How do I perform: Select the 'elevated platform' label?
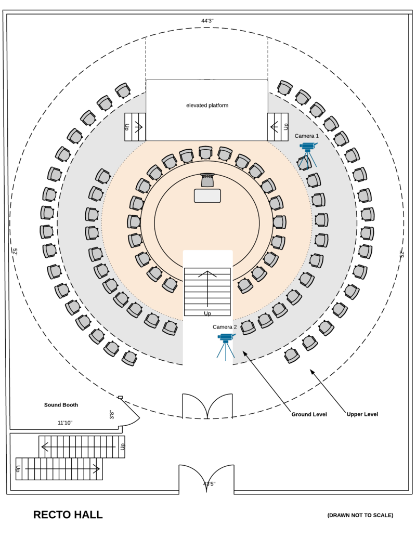tap(207, 106)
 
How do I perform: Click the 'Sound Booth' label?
tap(61, 405)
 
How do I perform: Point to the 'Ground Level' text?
tap(309, 414)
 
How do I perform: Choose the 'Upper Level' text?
tap(362, 414)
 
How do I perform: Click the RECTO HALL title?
tap(68, 515)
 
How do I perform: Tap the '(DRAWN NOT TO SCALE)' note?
tap(360, 515)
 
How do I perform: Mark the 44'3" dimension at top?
tap(207, 21)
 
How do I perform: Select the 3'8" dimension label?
tap(112, 414)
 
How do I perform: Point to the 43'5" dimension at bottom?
tap(209, 484)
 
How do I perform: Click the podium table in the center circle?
tap(207, 196)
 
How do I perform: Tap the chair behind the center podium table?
tap(207, 180)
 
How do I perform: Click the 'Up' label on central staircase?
tap(207, 313)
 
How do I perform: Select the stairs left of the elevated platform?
tap(135, 126)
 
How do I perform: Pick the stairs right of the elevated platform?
tap(278, 126)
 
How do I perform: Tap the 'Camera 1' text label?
tap(307, 136)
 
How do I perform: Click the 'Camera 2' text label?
tap(225, 327)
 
